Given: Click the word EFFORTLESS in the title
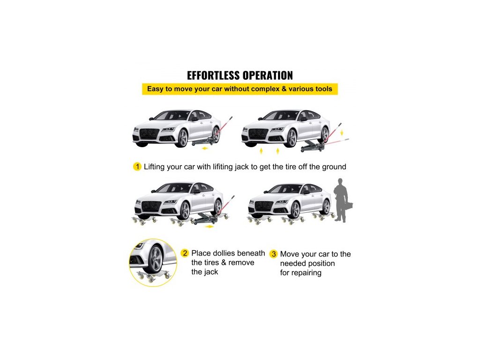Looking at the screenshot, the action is pyautogui.click(x=213, y=75).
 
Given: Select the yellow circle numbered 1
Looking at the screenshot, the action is pyautogui.click(x=137, y=167).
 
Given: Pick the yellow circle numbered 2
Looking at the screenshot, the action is pyautogui.click(x=185, y=253).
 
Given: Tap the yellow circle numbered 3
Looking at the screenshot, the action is pyautogui.click(x=273, y=254).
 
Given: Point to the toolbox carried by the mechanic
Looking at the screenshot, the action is pyautogui.click(x=349, y=206).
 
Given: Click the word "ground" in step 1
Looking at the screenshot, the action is pyautogui.click(x=335, y=167).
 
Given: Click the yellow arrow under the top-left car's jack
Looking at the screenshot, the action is pyautogui.click(x=204, y=149).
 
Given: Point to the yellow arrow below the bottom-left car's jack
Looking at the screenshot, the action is pyautogui.click(x=209, y=226).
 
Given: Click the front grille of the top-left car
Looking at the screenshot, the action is pyautogui.click(x=150, y=134).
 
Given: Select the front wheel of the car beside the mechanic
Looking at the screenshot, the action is pyautogui.click(x=295, y=210).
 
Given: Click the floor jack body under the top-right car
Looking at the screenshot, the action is pyautogui.click(x=311, y=147).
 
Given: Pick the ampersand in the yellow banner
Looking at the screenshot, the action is pyautogui.click(x=284, y=89).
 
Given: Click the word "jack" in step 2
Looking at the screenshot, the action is pyautogui.click(x=211, y=272).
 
